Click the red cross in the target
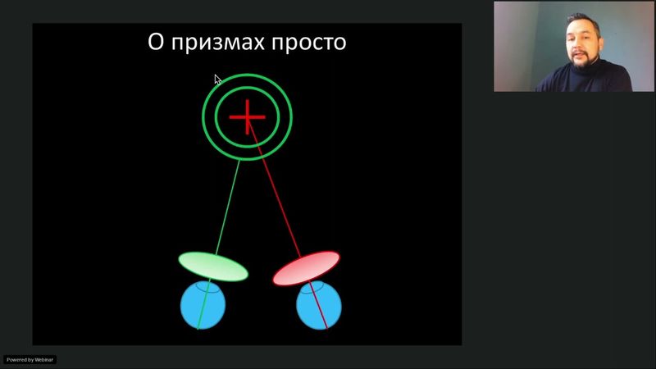pos(247,117)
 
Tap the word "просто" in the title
pos(311,42)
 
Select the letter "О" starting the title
pos(156,41)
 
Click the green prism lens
pos(213,266)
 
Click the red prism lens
pos(305,269)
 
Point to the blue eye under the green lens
pos(203,305)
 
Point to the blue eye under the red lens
pos(318,306)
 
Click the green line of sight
pos(228,205)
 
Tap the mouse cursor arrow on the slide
pos(217,80)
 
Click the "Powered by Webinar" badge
pos(30,359)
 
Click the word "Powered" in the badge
pos(16,359)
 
